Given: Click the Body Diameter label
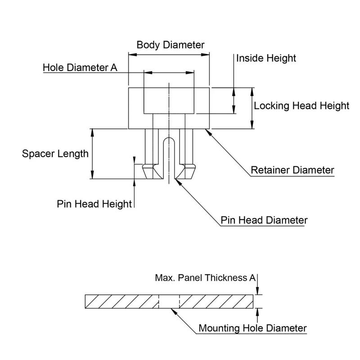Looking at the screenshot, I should click(171, 45).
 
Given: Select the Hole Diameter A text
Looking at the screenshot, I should click(80, 67).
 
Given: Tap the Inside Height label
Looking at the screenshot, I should click(266, 58).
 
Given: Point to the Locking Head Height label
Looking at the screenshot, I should click(301, 106).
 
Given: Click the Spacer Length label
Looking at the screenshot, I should click(55, 154).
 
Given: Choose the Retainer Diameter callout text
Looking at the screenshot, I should click(292, 170).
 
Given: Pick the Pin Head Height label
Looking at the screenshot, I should click(94, 203).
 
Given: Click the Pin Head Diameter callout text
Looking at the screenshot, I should click(264, 220).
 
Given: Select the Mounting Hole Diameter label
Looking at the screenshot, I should click(252, 328).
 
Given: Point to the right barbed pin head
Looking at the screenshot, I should click(188, 171).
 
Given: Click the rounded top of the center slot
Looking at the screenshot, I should click(169, 140).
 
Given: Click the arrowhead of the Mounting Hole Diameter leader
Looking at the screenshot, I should click(174, 310).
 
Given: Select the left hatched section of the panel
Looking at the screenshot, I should click(121, 301).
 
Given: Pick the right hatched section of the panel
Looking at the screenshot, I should click(216, 301).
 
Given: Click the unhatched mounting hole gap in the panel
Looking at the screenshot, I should click(169, 301).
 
